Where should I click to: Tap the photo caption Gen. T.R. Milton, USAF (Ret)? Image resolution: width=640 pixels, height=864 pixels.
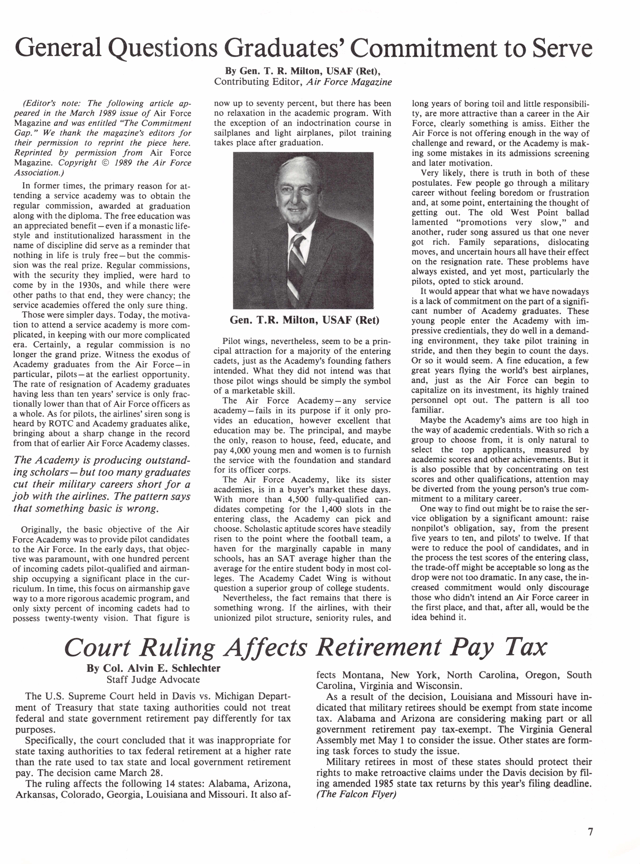click(305, 320)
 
